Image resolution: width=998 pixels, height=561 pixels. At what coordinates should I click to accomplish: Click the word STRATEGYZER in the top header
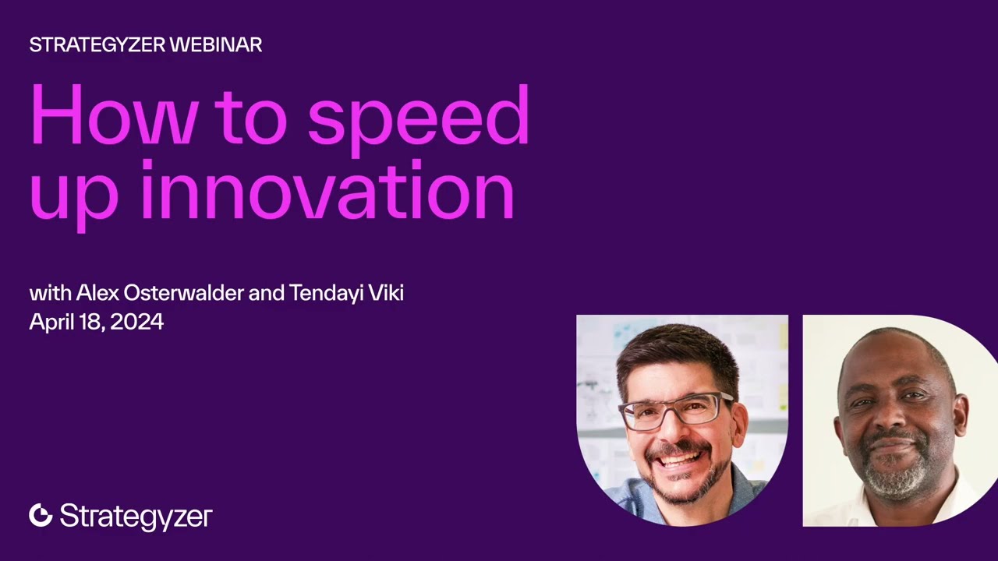(x=97, y=45)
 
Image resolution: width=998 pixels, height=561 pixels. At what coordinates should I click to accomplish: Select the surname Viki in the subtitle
(x=386, y=293)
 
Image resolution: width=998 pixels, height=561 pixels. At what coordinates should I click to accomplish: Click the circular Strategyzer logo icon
(x=41, y=515)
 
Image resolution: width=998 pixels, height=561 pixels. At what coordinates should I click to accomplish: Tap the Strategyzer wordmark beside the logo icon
(x=136, y=517)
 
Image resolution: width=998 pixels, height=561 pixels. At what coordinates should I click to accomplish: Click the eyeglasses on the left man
(x=676, y=410)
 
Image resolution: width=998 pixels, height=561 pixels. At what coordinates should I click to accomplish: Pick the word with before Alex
(x=50, y=293)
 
